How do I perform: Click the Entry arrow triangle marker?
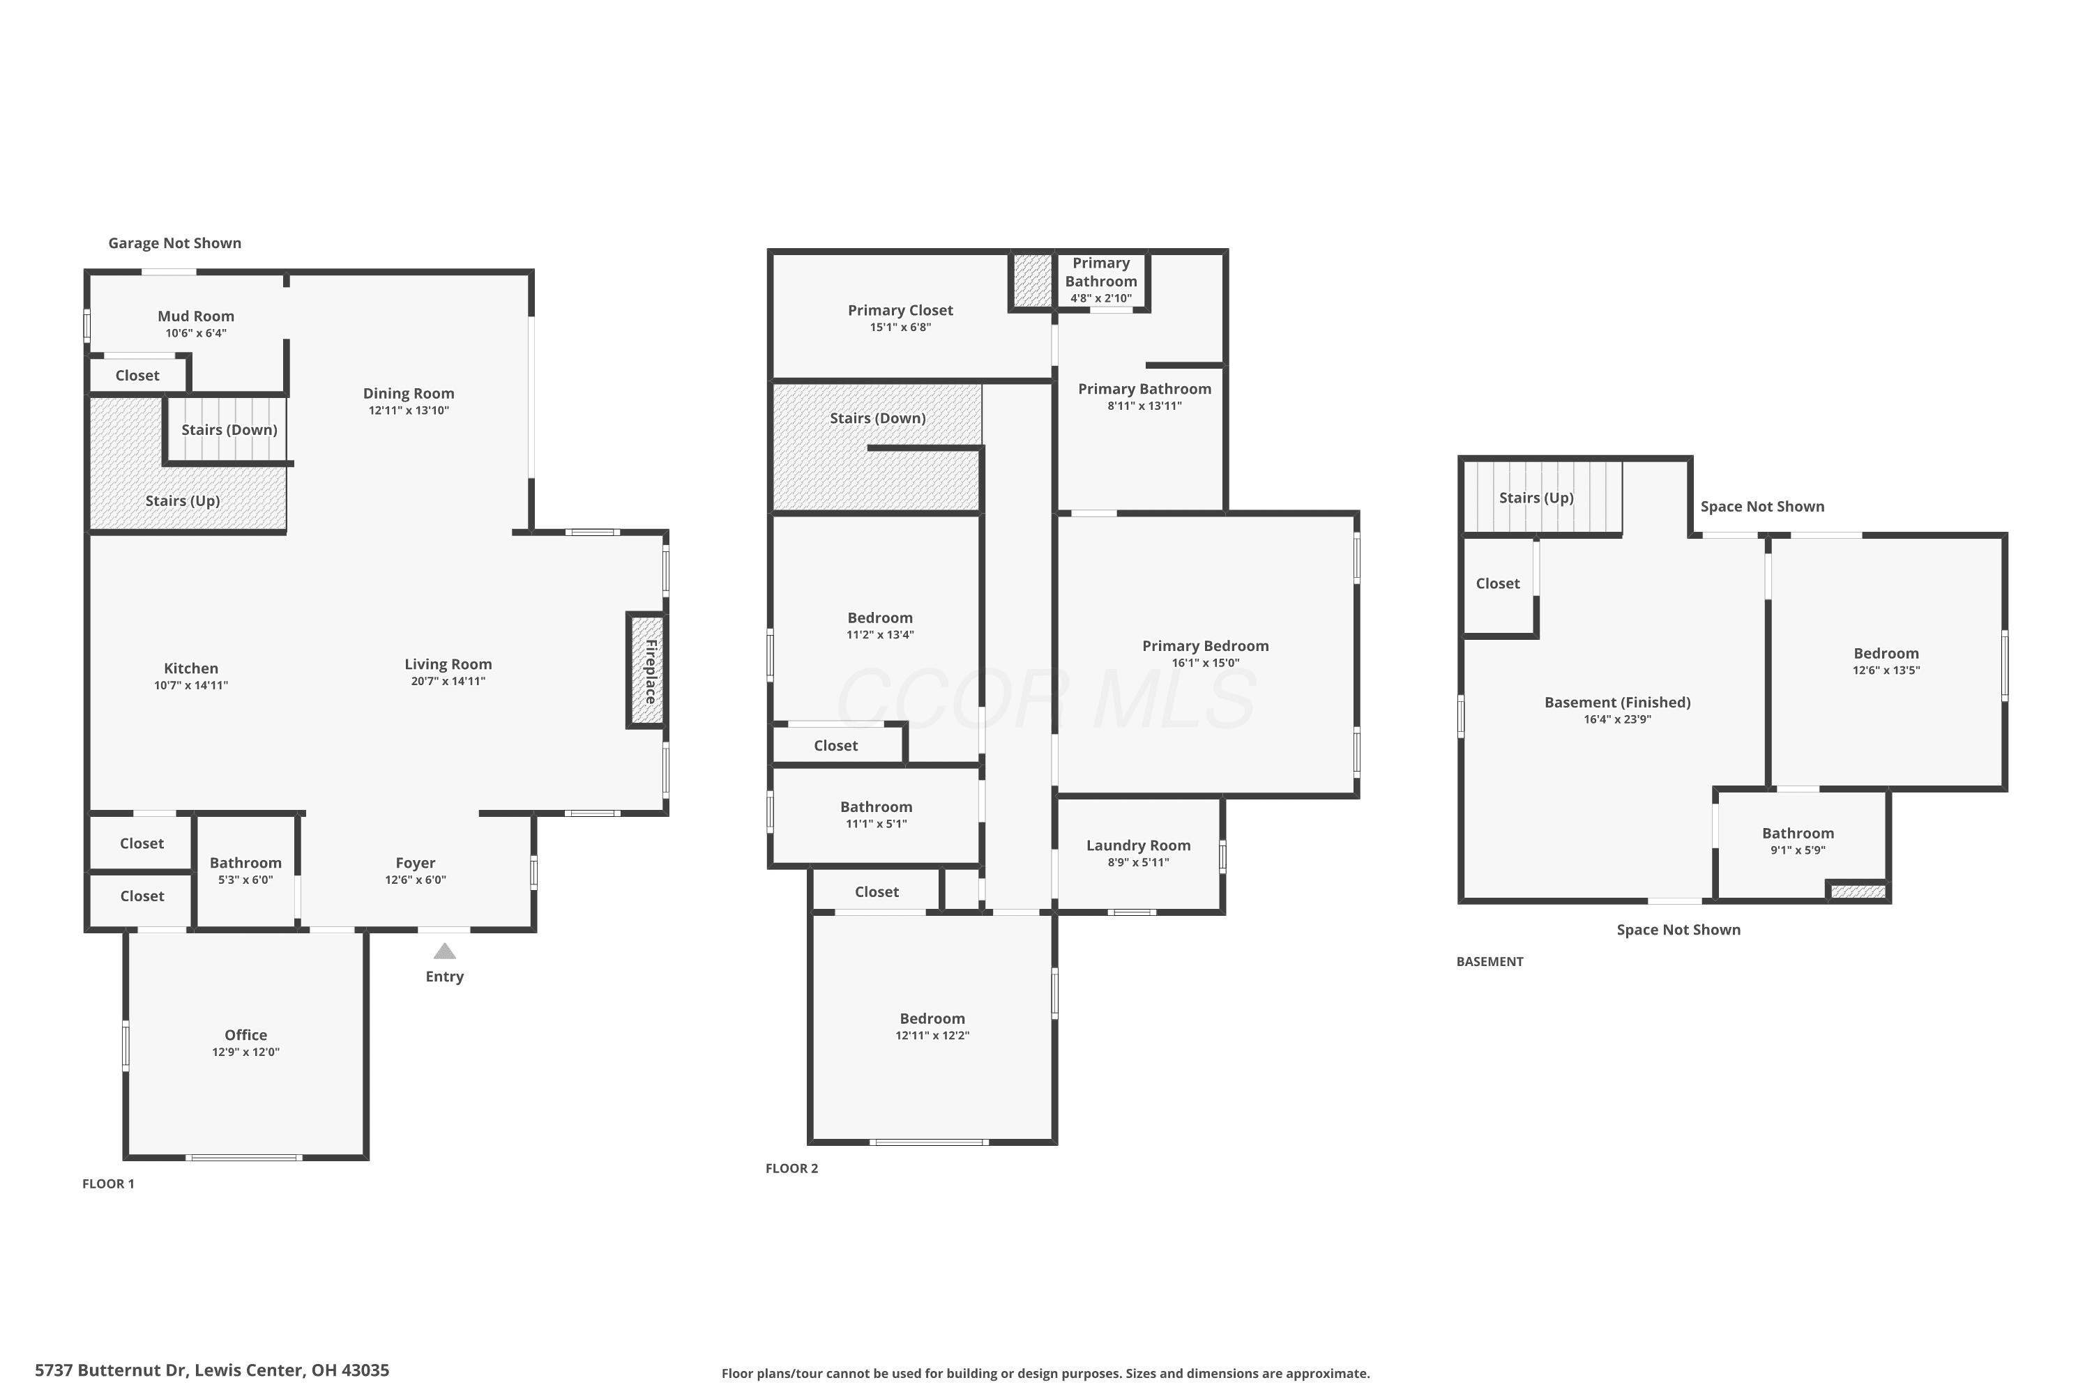click(x=445, y=952)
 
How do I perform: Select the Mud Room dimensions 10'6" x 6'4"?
click(x=196, y=333)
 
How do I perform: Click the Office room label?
click(x=245, y=1035)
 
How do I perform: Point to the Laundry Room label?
click(x=1139, y=845)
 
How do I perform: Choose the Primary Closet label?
click(x=900, y=310)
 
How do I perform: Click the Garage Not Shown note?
click(x=174, y=243)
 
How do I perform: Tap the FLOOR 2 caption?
click(x=791, y=1168)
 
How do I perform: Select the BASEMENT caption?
click(x=1490, y=961)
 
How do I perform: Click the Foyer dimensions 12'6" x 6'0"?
click(x=416, y=880)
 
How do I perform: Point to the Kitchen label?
click(x=191, y=668)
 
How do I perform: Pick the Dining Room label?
click(x=408, y=394)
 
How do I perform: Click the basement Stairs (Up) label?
click(x=1536, y=498)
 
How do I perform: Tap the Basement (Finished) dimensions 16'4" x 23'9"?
click(x=1617, y=719)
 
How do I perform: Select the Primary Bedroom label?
click(x=1205, y=646)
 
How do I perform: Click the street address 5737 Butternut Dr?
click(x=111, y=1370)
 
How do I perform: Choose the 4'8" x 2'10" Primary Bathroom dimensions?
click(x=1101, y=299)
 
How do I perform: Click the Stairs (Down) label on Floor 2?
click(x=878, y=419)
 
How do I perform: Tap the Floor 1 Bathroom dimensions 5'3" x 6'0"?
click(x=245, y=880)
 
